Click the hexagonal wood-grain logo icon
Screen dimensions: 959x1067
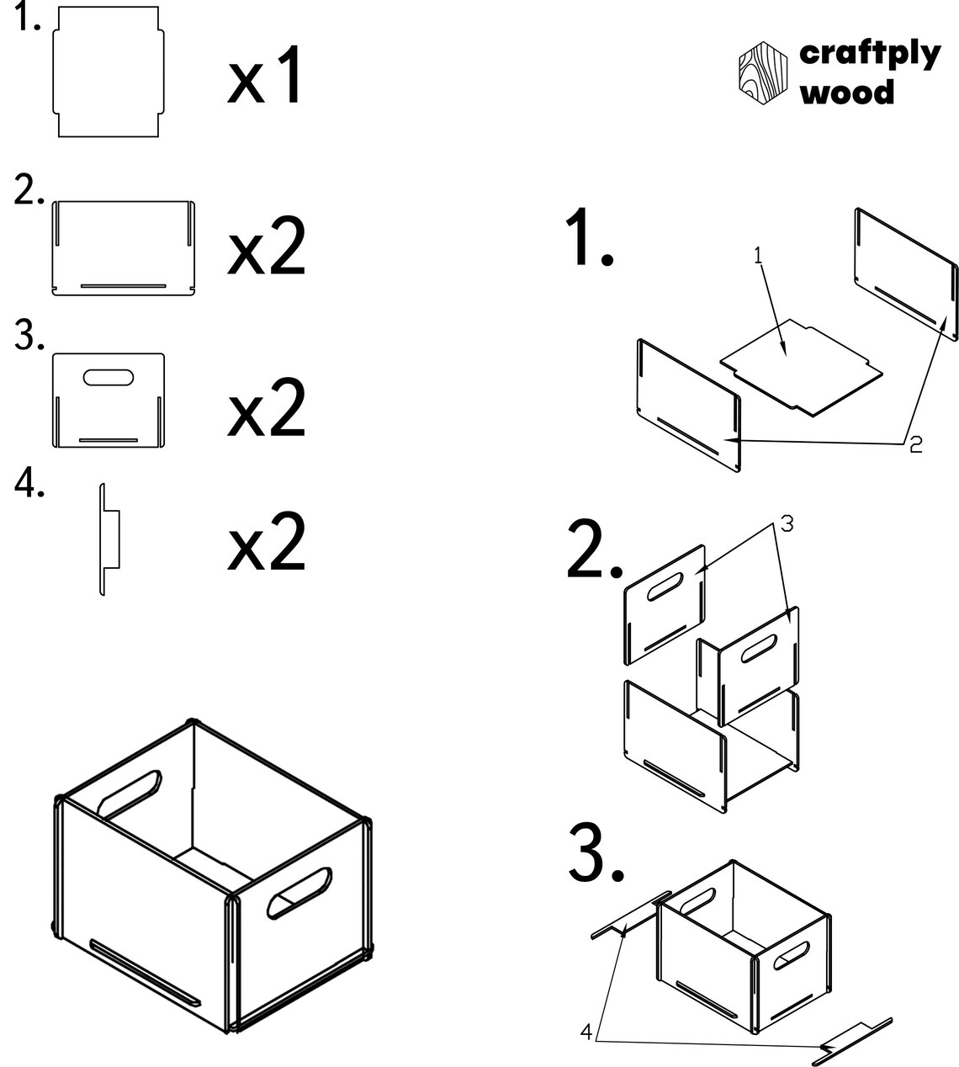(x=763, y=73)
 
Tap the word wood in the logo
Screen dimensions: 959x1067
(x=847, y=92)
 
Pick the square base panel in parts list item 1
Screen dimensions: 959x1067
(x=108, y=72)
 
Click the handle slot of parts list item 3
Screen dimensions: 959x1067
(x=108, y=377)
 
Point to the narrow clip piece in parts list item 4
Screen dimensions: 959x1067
(x=109, y=539)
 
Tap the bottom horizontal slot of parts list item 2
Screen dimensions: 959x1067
(x=124, y=286)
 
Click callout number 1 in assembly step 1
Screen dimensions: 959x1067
(x=759, y=256)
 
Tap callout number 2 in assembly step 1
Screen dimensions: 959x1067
(x=915, y=444)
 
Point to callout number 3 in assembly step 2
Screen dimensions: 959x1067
(x=787, y=524)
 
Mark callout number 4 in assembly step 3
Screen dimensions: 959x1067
(x=586, y=1032)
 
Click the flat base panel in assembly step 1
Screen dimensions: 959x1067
(x=801, y=368)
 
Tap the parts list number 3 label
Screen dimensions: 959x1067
(x=29, y=335)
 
